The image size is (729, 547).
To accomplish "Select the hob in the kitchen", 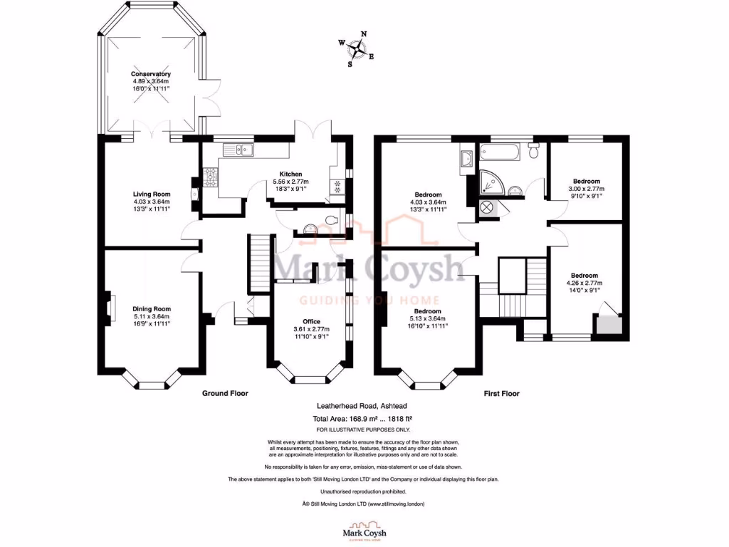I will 211,177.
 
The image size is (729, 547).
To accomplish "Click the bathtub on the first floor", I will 500,151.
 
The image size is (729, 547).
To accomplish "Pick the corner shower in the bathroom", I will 491,182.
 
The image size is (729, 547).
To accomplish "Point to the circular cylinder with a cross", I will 488,208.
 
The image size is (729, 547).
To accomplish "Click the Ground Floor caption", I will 225,393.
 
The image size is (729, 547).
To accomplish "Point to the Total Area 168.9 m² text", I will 364,420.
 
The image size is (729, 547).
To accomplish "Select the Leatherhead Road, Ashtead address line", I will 364,407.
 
